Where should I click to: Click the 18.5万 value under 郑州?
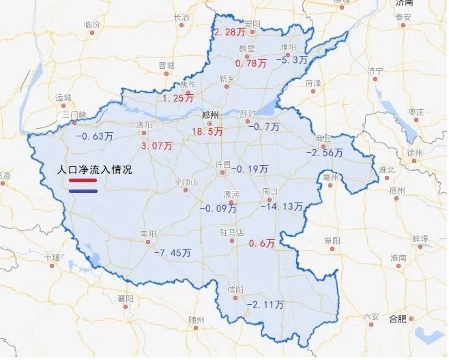[207, 130]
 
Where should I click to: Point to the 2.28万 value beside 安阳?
[230, 33]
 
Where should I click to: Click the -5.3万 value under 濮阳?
[291, 60]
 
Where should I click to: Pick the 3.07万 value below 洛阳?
[156, 146]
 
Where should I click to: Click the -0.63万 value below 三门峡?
[93, 136]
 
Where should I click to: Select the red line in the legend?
[83, 181]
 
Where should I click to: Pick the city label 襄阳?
[125, 299]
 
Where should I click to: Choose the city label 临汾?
[92, 25]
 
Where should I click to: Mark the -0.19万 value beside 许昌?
[250, 168]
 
